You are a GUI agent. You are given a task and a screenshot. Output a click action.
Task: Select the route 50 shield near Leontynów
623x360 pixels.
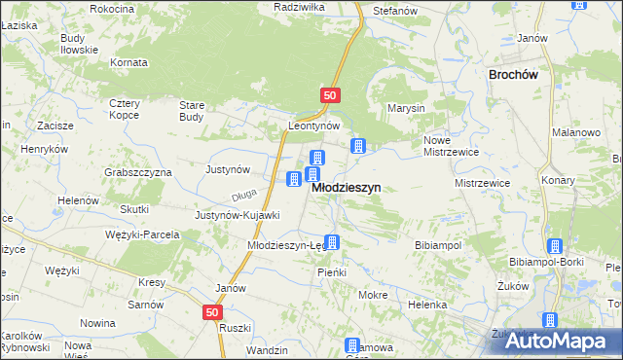coord(330,95)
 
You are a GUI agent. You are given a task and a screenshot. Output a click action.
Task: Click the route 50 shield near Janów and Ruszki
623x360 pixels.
coord(213,312)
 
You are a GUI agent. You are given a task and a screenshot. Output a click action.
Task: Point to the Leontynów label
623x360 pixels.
coord(312,126)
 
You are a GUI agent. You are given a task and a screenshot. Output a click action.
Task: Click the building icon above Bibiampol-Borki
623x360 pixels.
coord(555,247)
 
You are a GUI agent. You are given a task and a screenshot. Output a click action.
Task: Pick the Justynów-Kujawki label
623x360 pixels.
coord(238,215)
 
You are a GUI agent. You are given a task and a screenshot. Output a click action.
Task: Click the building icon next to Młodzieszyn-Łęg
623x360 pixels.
coord(333,243)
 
